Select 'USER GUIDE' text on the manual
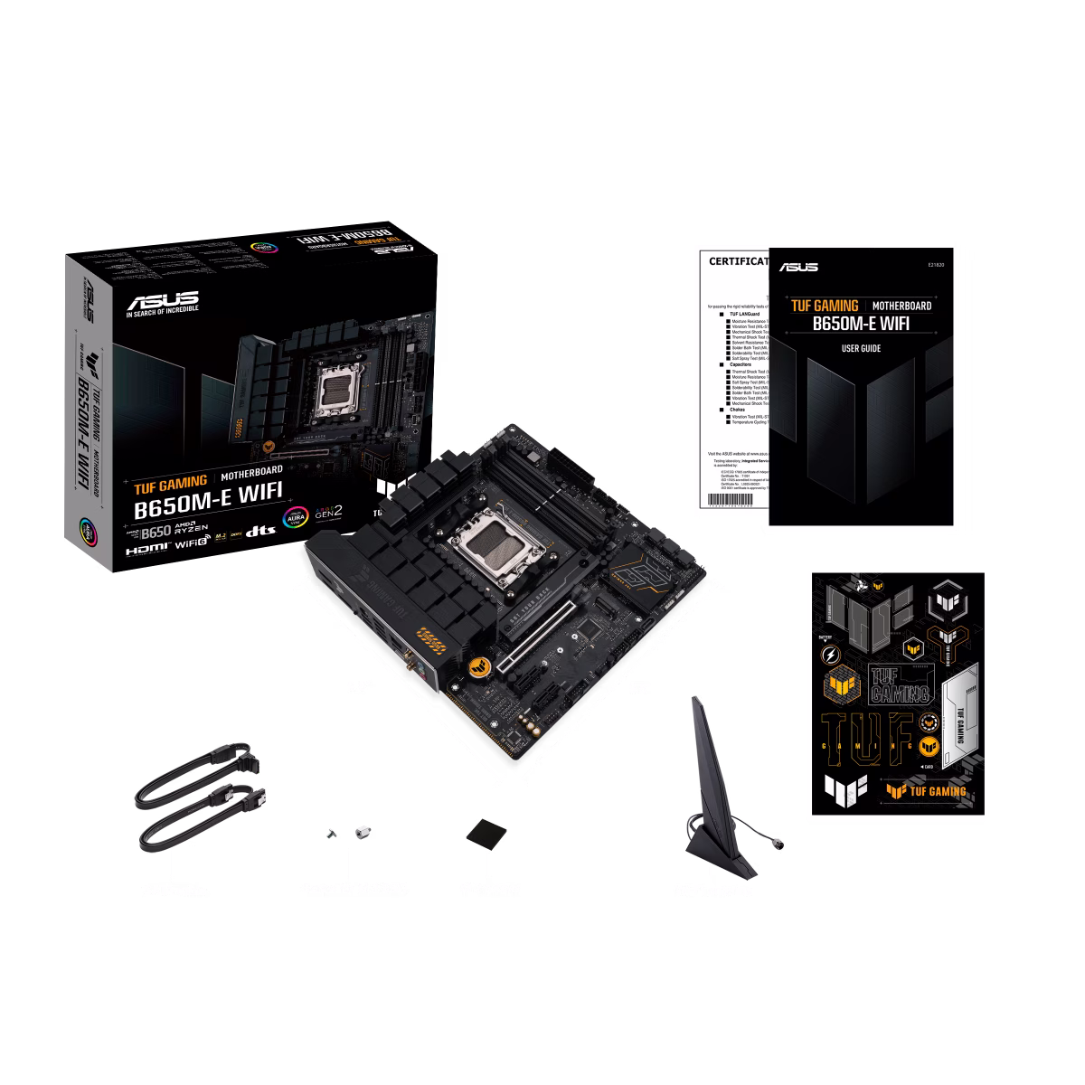[x=860, y=348]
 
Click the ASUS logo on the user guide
[x=797, y=266]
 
